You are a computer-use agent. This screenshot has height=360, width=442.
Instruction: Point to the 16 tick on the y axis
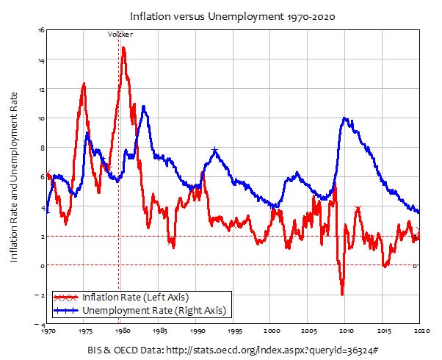pos(42,30)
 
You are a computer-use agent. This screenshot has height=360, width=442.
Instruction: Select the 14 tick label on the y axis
pos(42,60)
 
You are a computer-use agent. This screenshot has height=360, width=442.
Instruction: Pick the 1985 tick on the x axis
pos(159,331)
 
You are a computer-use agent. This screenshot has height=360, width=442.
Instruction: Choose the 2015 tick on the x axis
pos(382,331)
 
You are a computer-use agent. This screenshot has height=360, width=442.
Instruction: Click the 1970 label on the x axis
pos(48,331)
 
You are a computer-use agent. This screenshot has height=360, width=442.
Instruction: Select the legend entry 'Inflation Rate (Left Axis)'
pos(135,298)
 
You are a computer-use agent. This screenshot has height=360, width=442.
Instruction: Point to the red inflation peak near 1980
pos(123,48)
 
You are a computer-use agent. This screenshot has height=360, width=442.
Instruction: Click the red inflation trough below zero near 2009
pos(342,294)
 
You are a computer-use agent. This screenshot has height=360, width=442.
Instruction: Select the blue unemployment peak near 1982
pos(144,107)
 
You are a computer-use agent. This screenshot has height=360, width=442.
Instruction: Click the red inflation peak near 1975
pos(84,84)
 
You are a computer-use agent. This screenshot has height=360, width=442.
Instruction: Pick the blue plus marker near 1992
pos(214,150)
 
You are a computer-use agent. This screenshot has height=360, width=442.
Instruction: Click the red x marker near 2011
pos(358,209)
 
